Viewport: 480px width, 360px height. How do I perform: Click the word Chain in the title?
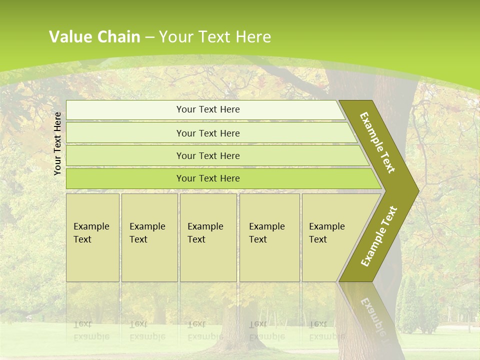[119, 36]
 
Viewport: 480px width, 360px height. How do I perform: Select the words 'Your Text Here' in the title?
[215, 36]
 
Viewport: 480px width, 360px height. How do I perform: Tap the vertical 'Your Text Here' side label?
[57, 143]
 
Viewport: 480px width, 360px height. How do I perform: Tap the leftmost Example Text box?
[92, 237]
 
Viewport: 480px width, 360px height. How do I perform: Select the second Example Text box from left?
[149, 237]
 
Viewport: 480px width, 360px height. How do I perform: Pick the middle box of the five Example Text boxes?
[208, 237]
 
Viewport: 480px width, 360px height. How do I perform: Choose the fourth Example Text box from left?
[269, 237]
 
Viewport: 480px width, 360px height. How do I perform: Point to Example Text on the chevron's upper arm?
[377, 142]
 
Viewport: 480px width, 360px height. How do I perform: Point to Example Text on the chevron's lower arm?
[379, 236]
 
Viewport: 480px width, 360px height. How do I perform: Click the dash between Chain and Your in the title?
[149, 37]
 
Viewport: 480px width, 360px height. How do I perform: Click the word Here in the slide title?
[253, 36]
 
